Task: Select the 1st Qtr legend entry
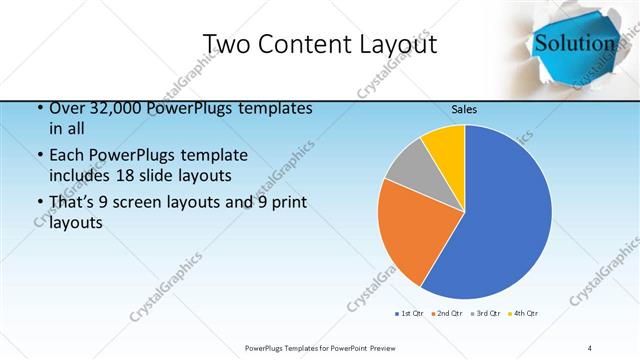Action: pos(410,314)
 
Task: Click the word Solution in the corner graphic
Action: pos(574,43)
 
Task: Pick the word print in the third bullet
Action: pos(286,203)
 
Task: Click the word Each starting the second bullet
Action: pos(66,155)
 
